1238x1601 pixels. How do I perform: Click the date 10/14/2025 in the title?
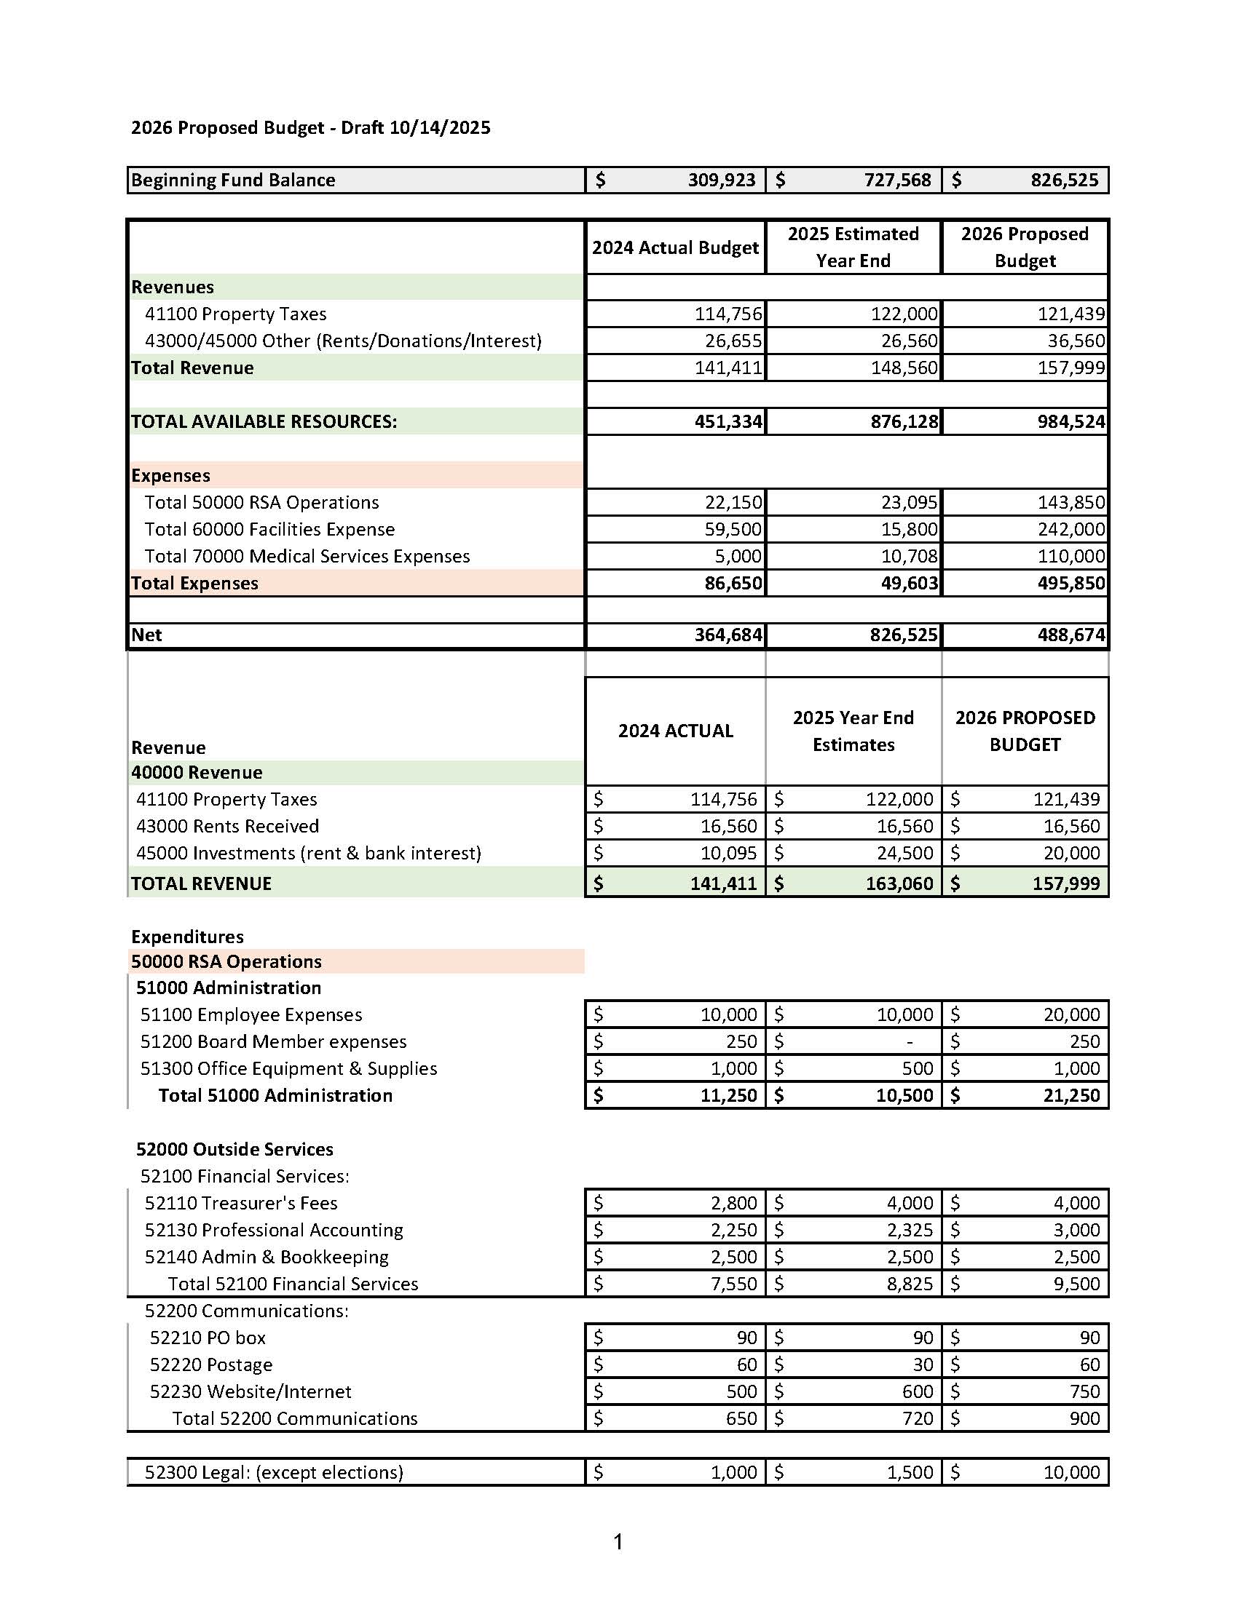[x=439, y=128]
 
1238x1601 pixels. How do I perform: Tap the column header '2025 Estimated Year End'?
[x=853, y=247]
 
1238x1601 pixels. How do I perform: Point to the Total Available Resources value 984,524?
[x=1071, y=422]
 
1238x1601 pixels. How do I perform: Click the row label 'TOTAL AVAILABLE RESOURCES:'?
[x=264, y=422]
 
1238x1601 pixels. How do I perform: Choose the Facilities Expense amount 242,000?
[x=1071, y=530]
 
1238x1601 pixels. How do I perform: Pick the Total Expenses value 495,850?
[x=1071, y=584]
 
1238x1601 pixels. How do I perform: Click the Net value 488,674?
[x=1071, y=635]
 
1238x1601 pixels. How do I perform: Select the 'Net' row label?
[x=146, y=635]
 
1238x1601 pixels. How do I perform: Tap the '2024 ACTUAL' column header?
[x=676, y=731]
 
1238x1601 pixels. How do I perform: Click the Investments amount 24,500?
[x=904, y=854]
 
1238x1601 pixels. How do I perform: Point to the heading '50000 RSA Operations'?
[x=226, y=962]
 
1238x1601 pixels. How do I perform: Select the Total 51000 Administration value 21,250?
[x=1071, y=1096]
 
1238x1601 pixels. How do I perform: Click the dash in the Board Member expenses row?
[x=910, y=1042]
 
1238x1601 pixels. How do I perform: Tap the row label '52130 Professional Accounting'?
[x=274, y=1231]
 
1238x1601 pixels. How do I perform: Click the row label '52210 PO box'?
[x=208, y=1338]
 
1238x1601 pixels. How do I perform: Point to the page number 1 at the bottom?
[x=618, y=1542]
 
